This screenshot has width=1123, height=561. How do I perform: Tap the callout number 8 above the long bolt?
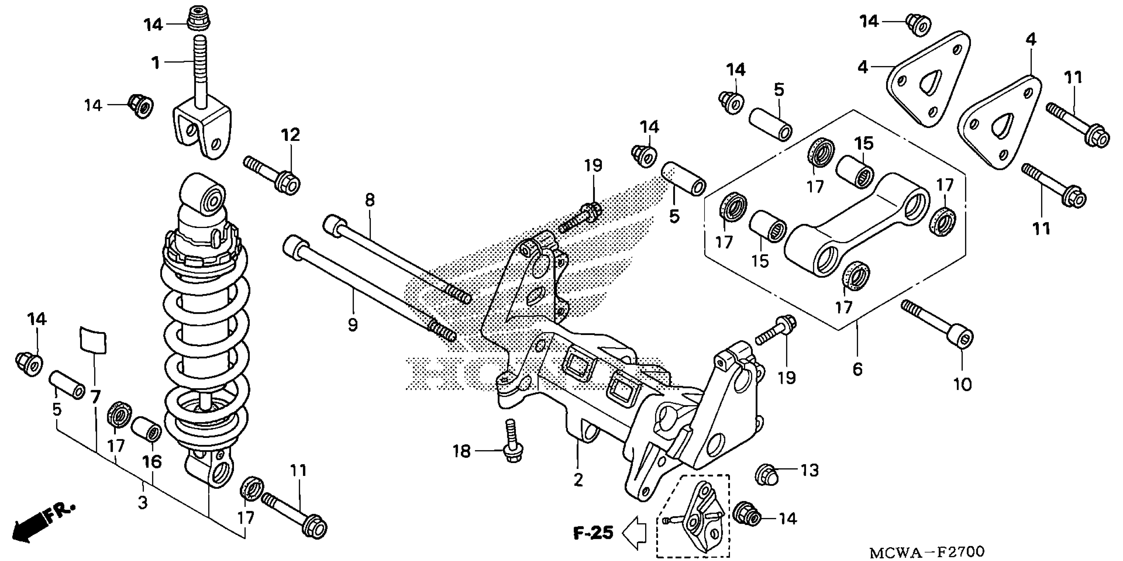(x=370, y=201)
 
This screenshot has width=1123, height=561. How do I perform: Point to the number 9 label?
(x=353, y=325)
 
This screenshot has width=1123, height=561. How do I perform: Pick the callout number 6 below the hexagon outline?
(x=857, y=370)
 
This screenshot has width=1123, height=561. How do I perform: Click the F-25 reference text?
(x=593, y=533)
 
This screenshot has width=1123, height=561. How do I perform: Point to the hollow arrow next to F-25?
(x=635, y=533)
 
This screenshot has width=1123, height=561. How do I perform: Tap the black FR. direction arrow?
(x=30, y=527)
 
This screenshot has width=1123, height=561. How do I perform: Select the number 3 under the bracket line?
(x=143, y=503)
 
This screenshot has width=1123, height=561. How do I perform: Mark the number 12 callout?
(x=291, y=135)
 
